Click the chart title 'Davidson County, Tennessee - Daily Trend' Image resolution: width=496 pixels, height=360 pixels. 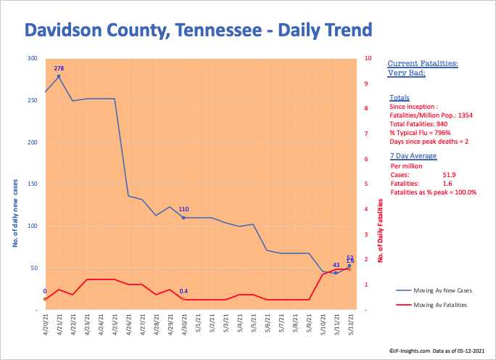198,30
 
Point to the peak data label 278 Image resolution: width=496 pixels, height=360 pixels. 59,67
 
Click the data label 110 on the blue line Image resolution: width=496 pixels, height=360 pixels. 183,209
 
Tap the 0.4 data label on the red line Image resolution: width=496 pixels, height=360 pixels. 183,291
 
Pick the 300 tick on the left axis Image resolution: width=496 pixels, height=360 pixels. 33,58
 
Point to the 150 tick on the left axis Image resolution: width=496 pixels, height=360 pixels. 33,184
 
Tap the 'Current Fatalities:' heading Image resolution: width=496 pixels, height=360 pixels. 422,64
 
